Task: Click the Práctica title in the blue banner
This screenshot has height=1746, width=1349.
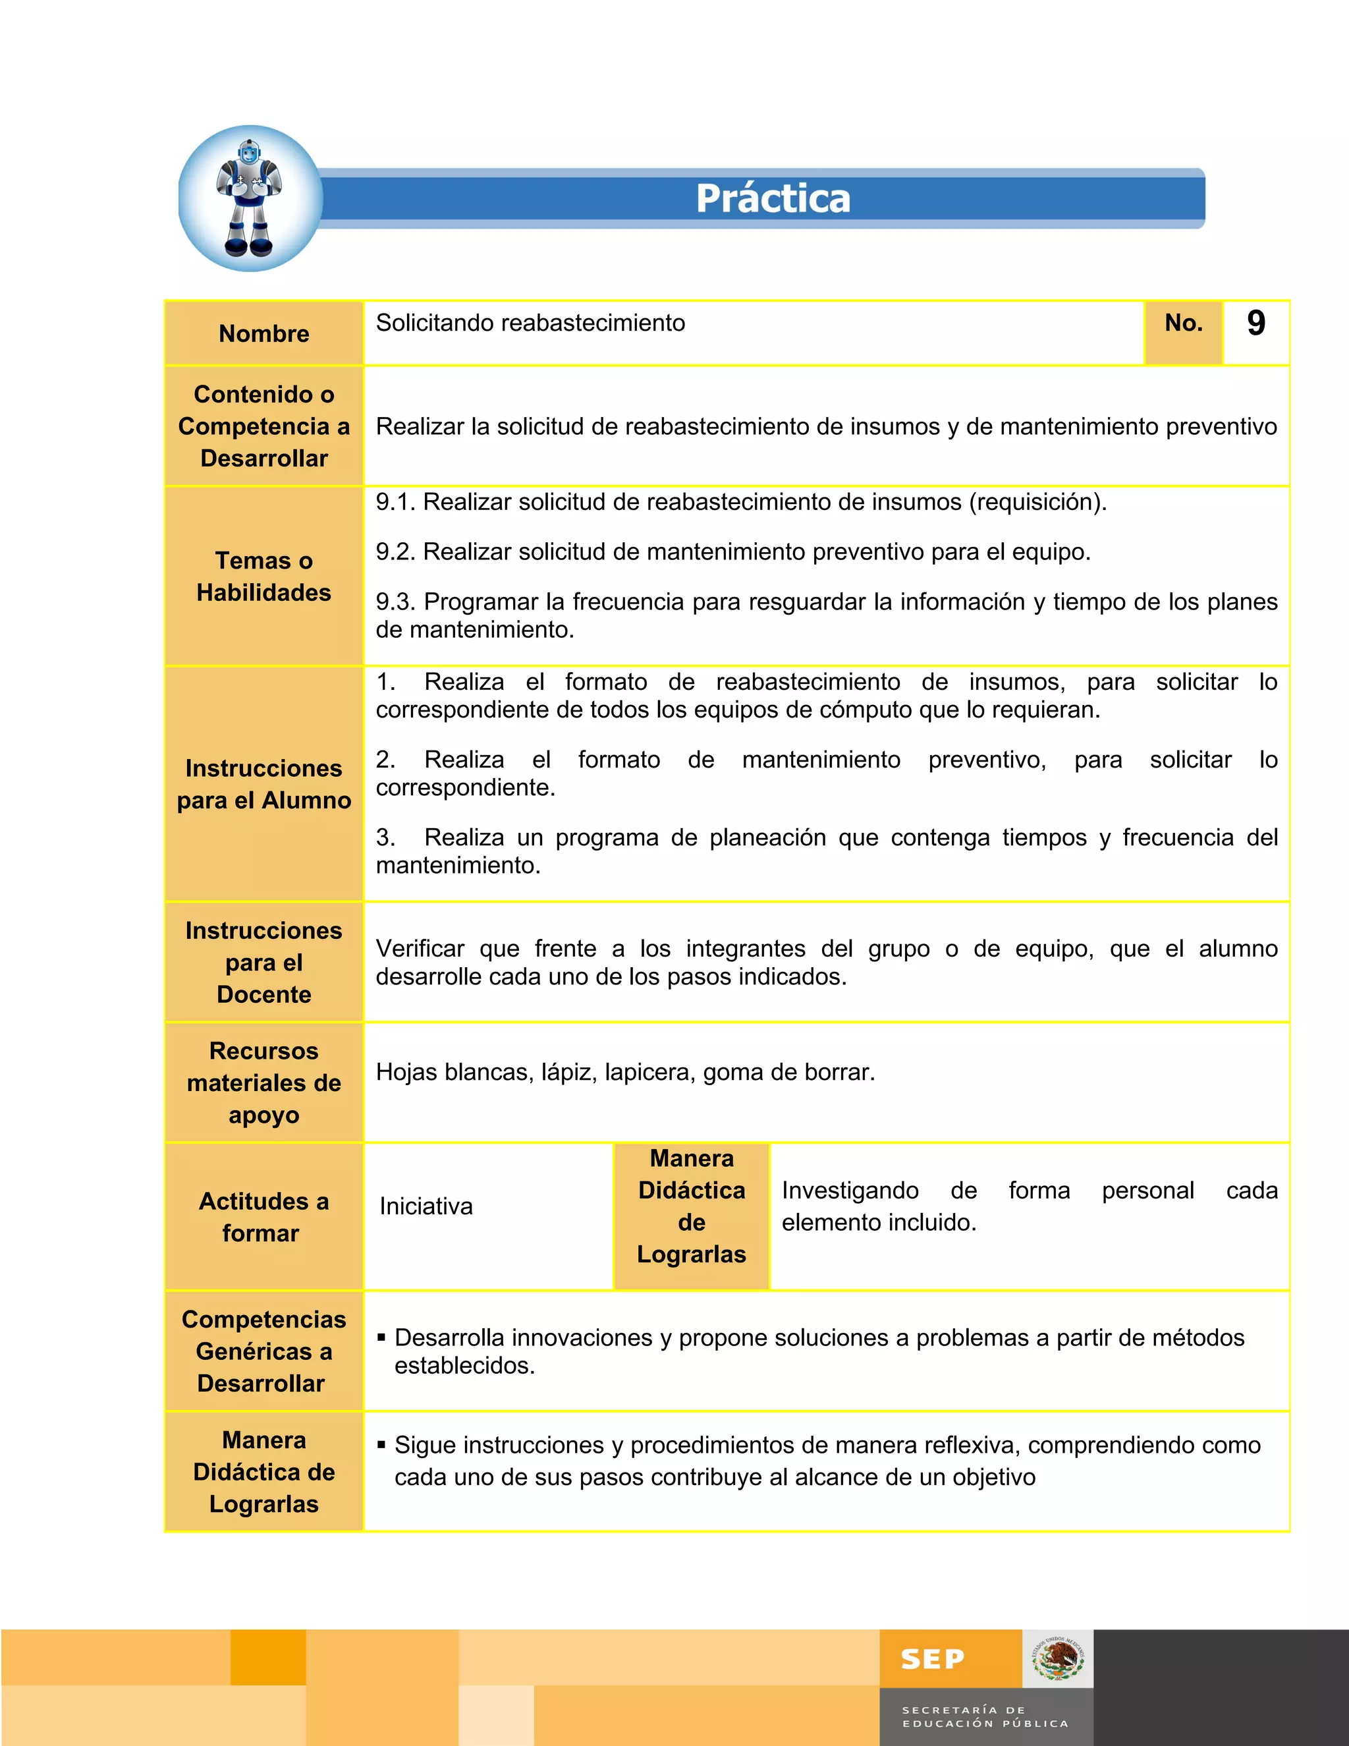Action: pyautogui.click(x=773, y=198)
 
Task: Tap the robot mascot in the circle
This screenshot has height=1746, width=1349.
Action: pyautogui.click(x=250, y=198)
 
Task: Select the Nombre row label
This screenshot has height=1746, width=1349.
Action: pyautogui.click(x=263, y=333)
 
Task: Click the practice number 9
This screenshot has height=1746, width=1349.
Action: pyautogui.click(x=1255, y=324)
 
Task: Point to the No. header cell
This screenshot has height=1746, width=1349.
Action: pyautogui.click(x=1183, y=323)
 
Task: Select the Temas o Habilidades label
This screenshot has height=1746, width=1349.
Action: pyautogui.click(x=263, y=577)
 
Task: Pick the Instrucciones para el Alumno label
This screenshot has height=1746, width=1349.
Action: pyautogui.click(x=263, y=784)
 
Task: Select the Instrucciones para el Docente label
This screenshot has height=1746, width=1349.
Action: pyautogui.click(x=263, y=963)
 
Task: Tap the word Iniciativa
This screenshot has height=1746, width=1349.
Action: pyautogui.click(x=426, y=1206)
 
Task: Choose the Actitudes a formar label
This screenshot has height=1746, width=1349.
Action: pyautogui.click(x=263, y=1217)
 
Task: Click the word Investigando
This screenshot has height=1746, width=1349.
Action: pyautogui.click(x=850, y=1191)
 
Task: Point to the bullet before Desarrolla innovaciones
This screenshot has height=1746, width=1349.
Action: pyautogui.click(x=382, y=1337)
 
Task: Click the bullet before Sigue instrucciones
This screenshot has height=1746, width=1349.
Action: pyautogui.click(x=382, y=1445)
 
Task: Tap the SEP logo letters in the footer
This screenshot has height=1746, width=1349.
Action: pyautogui.click(x=932, y=1660)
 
